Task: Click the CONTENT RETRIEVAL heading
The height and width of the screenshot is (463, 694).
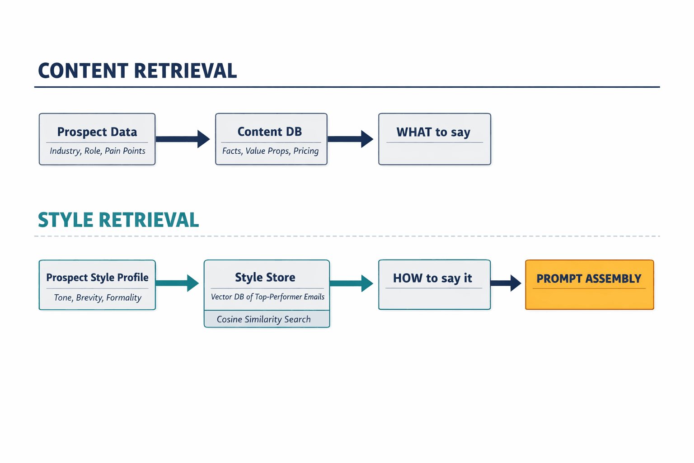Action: coord(137,71)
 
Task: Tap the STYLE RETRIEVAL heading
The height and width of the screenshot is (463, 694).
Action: coord(118,220)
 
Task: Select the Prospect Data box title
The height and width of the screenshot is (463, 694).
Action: coord(97,132)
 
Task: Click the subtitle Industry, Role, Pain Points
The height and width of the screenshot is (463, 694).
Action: coord(97,151)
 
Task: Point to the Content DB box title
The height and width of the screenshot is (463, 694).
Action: coord(270,132)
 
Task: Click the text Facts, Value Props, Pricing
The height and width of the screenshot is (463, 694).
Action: coord(270,151)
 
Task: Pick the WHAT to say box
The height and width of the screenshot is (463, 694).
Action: coord(434,139)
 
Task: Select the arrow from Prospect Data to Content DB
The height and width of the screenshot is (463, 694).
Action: coord(183,139)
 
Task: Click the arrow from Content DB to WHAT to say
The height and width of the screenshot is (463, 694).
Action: coord(351,139)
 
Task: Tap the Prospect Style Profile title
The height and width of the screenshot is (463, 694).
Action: coord(97,278)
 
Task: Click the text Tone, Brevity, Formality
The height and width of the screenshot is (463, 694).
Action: coord(98,298)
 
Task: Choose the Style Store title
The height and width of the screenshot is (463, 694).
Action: coord(265,278)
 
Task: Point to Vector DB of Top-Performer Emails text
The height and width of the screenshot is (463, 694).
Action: coord(267,297)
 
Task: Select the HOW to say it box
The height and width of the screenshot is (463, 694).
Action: coord(434,285)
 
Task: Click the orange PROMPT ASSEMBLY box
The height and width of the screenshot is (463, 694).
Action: coord(589,285)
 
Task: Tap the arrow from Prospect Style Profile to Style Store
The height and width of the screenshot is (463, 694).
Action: coord(177,283)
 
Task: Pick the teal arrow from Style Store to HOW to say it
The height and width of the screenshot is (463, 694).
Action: coord(351,283)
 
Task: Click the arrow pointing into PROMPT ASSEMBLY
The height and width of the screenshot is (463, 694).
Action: coord(506,283)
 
